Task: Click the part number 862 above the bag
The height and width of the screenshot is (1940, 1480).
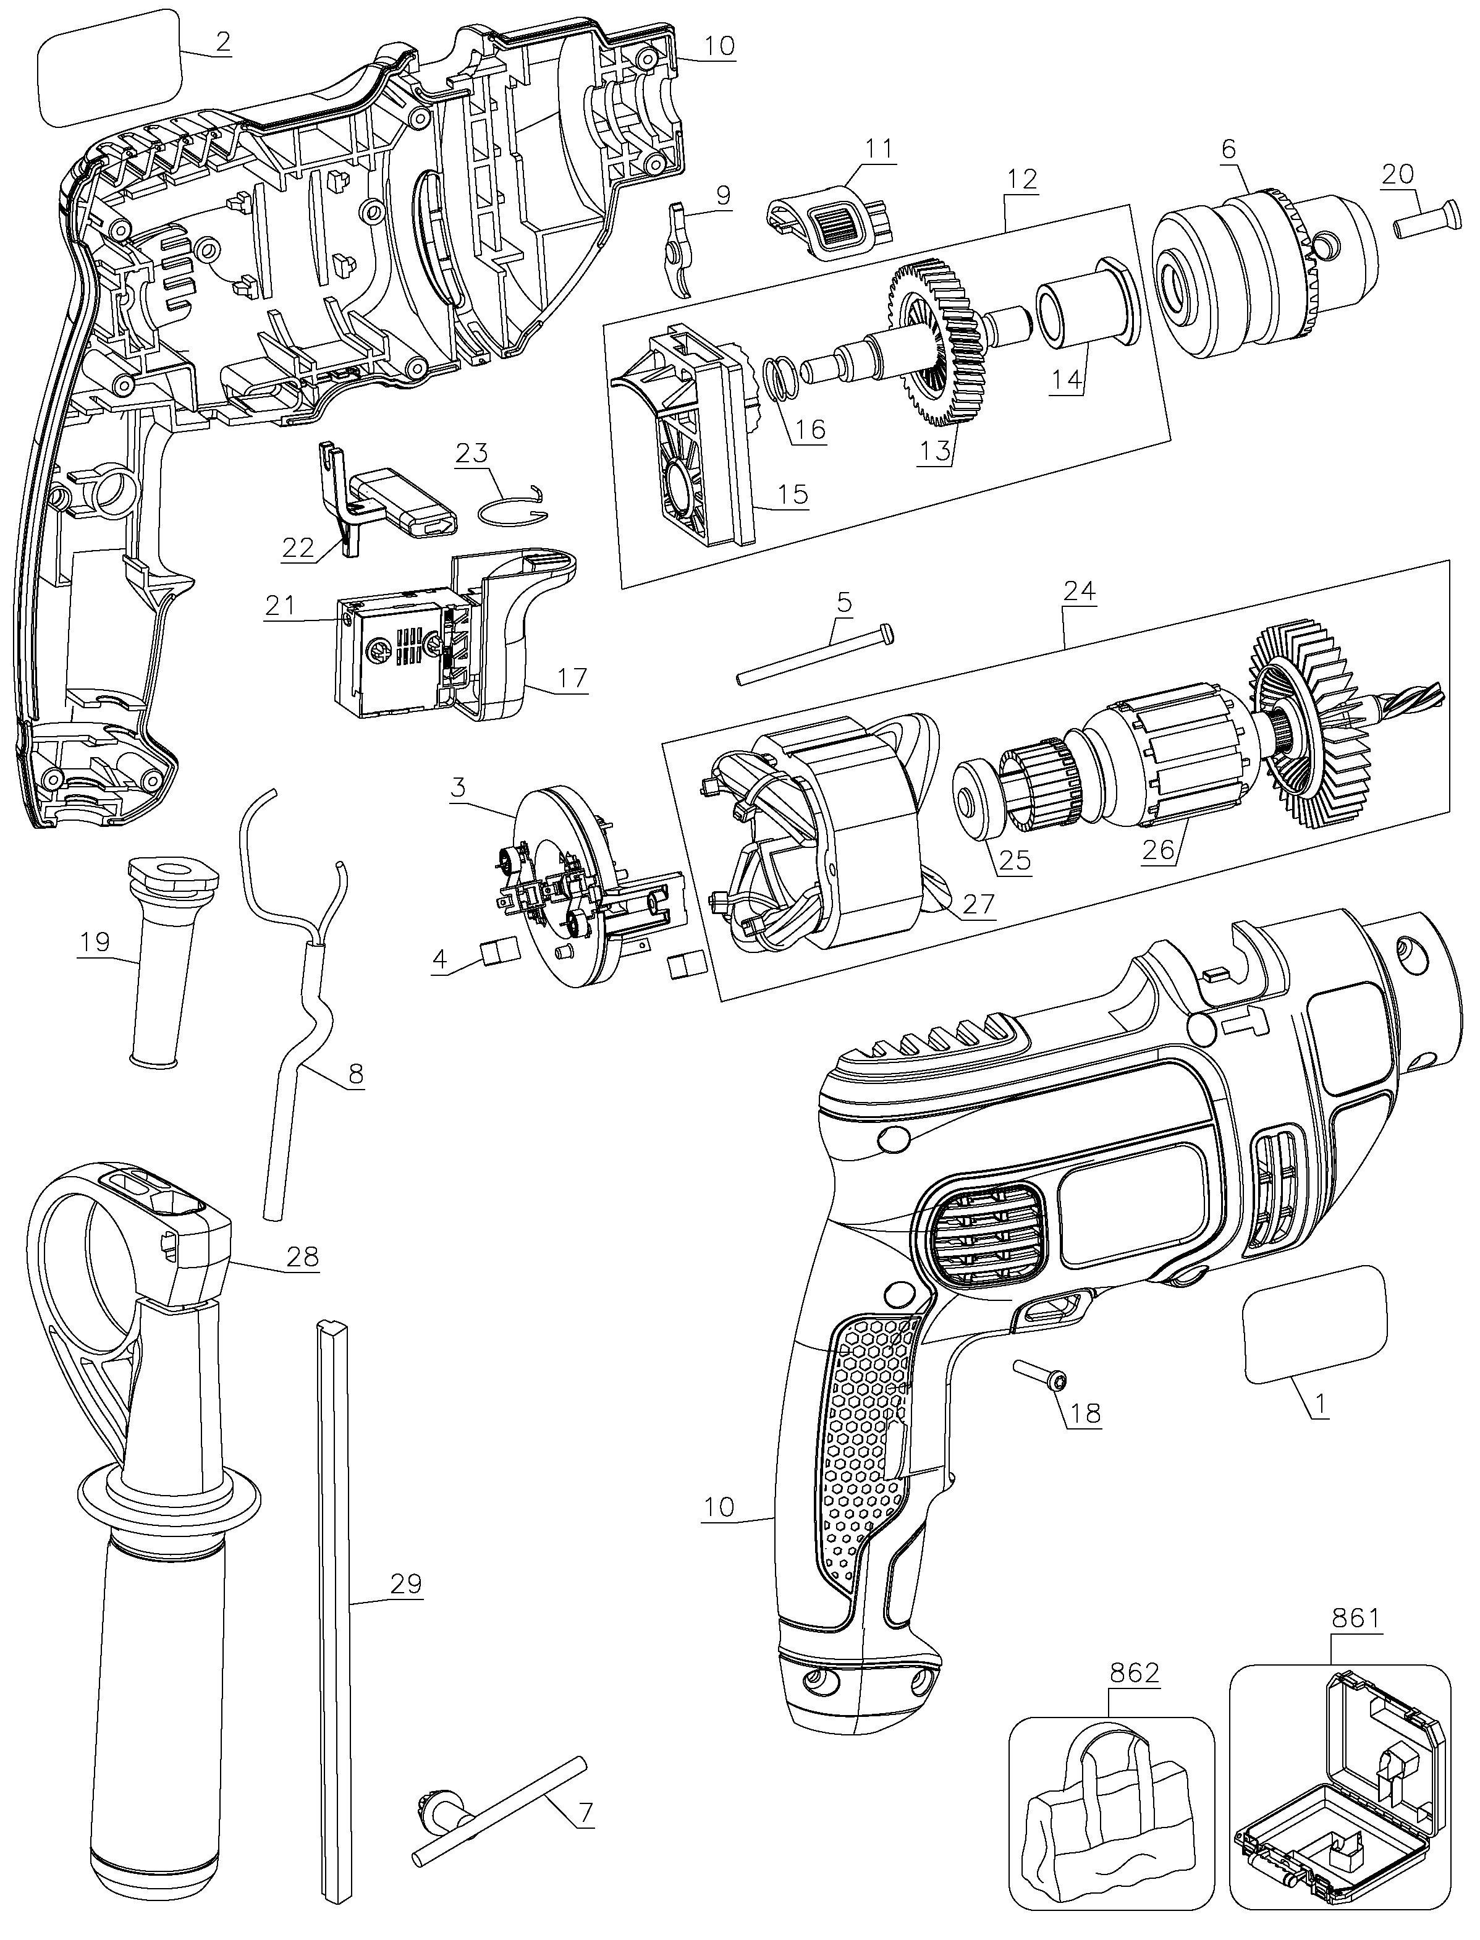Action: tap(1134, 1672)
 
